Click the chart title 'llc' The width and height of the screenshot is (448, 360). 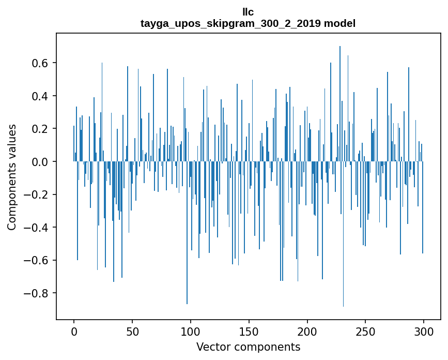pyautogui.click(x=248, y=12)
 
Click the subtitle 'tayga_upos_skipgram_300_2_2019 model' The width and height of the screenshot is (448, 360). pyautogui.click(x=248, y=23)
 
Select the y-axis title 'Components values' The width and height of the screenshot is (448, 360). pyautogui.click(x=12, y=177)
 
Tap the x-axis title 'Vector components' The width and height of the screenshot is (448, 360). pyautogui.click(x=248, y=347)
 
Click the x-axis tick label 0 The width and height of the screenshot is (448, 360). pyautogui.click(x=74, y=331)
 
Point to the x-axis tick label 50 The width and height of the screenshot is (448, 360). pyautogui.click(x=132, y=331)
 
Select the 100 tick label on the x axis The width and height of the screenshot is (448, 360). pyautogui.click(x=191, y=331)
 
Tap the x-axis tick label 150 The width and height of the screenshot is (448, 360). pyautogui.click(x=249, y=331)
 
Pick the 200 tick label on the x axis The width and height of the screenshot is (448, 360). pyautogui.click(x=307, y=331)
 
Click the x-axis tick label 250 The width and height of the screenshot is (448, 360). pyautogui.click(x=365, y=331)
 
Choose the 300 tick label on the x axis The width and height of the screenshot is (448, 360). pyautogui.click(x=424, y=331)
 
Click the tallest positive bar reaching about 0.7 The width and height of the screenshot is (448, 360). pyautogui.click(x=340, y=103)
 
